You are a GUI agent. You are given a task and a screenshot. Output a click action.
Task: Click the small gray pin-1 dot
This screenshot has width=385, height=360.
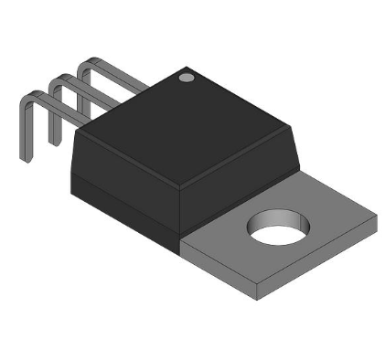tap(187, 78)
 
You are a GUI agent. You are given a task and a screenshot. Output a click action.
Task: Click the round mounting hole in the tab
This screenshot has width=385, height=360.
tap(276, 228)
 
